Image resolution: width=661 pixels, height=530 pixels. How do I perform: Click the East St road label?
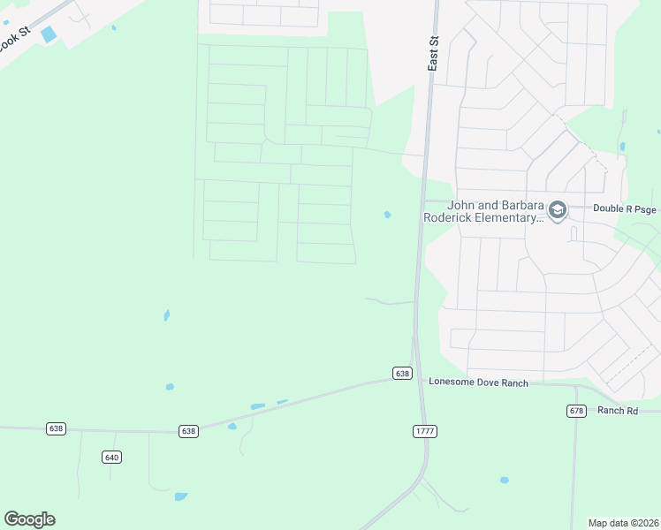click(x=433, y=54)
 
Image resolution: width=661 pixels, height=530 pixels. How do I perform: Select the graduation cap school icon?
click(x=557, y=210)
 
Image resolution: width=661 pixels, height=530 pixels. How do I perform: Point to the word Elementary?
click(x=513, y=217)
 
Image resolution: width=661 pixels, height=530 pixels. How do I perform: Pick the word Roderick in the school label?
click(x=452, y=217)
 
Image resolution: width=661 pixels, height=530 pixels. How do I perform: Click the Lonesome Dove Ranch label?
click(x=478, y=382)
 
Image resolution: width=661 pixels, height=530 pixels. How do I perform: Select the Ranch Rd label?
click(x=617, y=411)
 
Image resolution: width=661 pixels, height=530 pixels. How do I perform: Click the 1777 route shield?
click(x=424, y=431)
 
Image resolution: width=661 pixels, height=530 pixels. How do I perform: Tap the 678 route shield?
click(x=577, y=411)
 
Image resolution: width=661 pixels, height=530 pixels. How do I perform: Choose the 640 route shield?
click(x=111, y=457)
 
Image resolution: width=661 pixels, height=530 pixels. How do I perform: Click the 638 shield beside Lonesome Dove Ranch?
click(x=403, y=374)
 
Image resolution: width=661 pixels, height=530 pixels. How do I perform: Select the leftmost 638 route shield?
click(x=56, y=428)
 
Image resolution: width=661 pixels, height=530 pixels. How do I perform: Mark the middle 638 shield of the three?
click(x=188, y=431)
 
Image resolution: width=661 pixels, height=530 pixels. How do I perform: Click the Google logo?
click(x=29, y=519)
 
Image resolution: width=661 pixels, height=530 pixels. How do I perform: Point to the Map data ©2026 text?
click(x=622, y=522)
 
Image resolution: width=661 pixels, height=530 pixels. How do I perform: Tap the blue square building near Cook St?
click(x=48, y=34)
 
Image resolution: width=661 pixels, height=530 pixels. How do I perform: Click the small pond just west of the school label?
click(x=387, y=215)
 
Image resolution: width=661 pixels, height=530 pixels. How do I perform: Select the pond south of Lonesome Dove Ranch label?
click(x=504, y=481)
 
